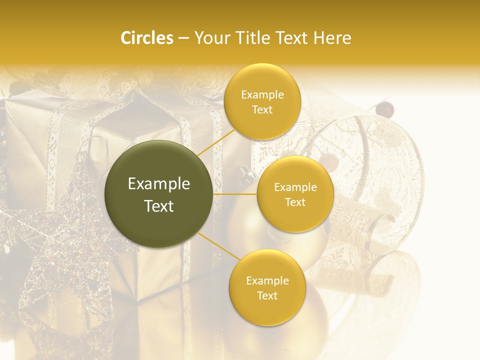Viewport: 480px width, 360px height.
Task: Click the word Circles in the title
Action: (x=146, y=38)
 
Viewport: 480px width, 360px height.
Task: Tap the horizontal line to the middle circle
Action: (x=235, y=194)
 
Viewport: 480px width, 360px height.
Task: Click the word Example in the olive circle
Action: (x=159, y=184)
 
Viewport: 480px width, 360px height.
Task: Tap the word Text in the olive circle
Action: (x=159, y=206)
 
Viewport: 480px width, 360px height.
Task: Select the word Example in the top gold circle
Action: (x=262, y=95)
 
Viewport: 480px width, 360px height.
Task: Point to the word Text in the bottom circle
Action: (x=267, y=295)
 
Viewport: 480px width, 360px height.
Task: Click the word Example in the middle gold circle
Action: (x=295, y=187)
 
